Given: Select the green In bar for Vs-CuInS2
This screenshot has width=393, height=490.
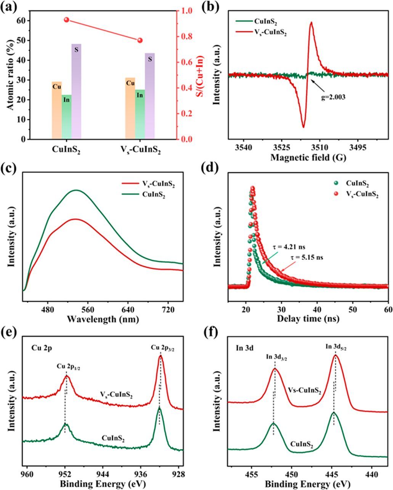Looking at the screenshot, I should [x=140, y=114].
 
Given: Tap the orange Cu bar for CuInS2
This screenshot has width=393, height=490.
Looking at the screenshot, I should [x=57, y=110].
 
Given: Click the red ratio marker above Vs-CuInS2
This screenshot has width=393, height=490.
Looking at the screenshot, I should [x=140, y=41].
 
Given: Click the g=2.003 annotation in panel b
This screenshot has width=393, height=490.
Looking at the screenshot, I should [x=332, y=97].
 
